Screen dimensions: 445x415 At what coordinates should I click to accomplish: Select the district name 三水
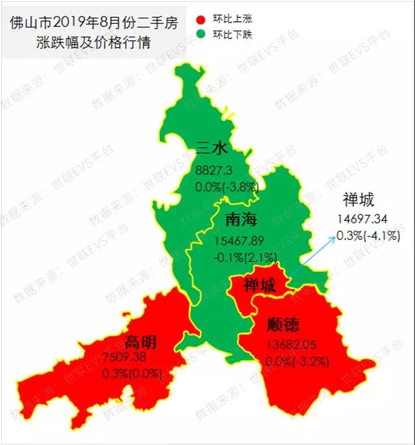click(x=212, y=150)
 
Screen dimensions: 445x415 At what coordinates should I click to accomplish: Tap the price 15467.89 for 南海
click(x=240, y=241)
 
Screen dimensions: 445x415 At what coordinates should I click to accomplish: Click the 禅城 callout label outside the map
click(x=358, y=200)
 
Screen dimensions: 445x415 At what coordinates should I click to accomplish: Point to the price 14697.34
click(x=363, y=220)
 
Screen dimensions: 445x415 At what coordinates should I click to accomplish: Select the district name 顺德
click(x=284, y=324)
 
